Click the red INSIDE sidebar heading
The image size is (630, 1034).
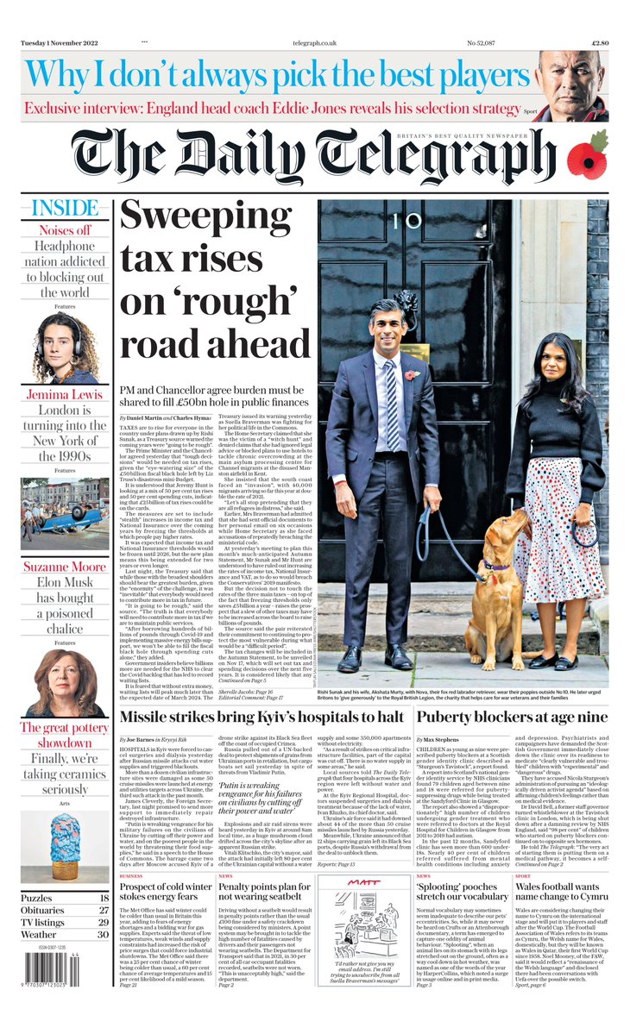tap(66, 209)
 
